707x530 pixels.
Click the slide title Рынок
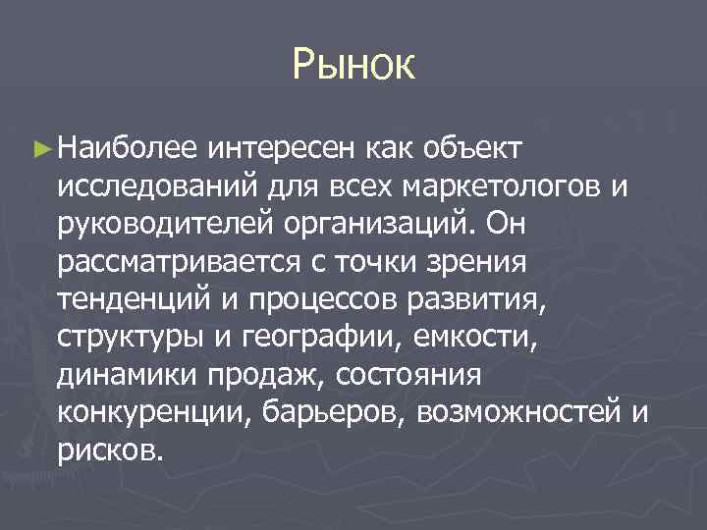(353, 68)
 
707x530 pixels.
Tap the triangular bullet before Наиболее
(40, 148)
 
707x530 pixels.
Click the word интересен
(282, 148)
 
